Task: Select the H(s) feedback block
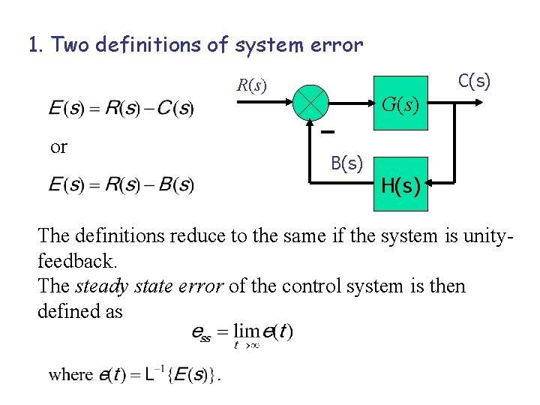pyautogui.click(x=400, y=184)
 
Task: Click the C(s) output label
pyautogui.click(x=474, y=80)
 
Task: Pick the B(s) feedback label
pyautogui.click(x=347, y=163)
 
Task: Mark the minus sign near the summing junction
pyautogui.click(x=328, y=133)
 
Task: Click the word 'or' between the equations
pyautogui.click(x=58, y=146)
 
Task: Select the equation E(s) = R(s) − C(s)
pyautogui.click(x=121, y=109)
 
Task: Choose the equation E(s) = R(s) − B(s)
pyautogui.click(x=121, y=184)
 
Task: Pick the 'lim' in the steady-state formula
pyautogui.click(x=245, y=331)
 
